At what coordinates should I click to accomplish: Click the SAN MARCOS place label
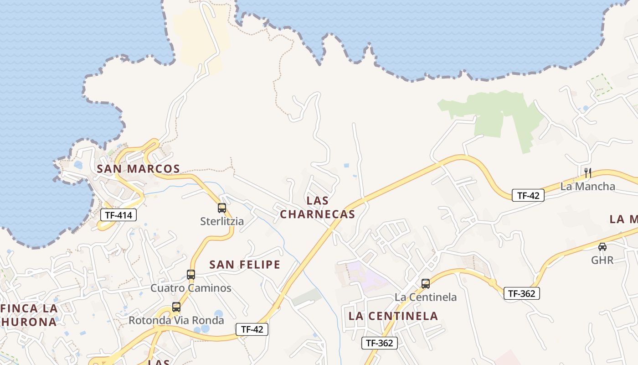138,169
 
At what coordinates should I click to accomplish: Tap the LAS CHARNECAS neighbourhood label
318,208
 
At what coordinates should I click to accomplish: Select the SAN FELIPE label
245,265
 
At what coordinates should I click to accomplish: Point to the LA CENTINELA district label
393,316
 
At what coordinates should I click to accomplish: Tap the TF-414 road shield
118,214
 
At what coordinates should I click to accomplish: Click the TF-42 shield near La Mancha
528,195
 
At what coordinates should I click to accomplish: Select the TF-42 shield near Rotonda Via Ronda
252,329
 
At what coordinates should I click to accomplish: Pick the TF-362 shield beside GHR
521,293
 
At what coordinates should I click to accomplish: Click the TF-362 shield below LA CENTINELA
380,343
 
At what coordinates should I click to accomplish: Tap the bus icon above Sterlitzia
222,208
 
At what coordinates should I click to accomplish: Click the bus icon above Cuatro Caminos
191,275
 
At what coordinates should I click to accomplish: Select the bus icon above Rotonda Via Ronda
176,307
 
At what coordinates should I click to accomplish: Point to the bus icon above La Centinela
425,284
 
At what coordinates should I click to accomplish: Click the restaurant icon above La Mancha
587,172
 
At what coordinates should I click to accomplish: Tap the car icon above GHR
602,247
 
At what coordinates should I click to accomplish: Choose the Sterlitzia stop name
222,222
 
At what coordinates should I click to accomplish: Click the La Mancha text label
587,186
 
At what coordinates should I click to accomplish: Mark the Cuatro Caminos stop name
191,288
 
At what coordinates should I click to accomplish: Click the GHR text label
602,261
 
